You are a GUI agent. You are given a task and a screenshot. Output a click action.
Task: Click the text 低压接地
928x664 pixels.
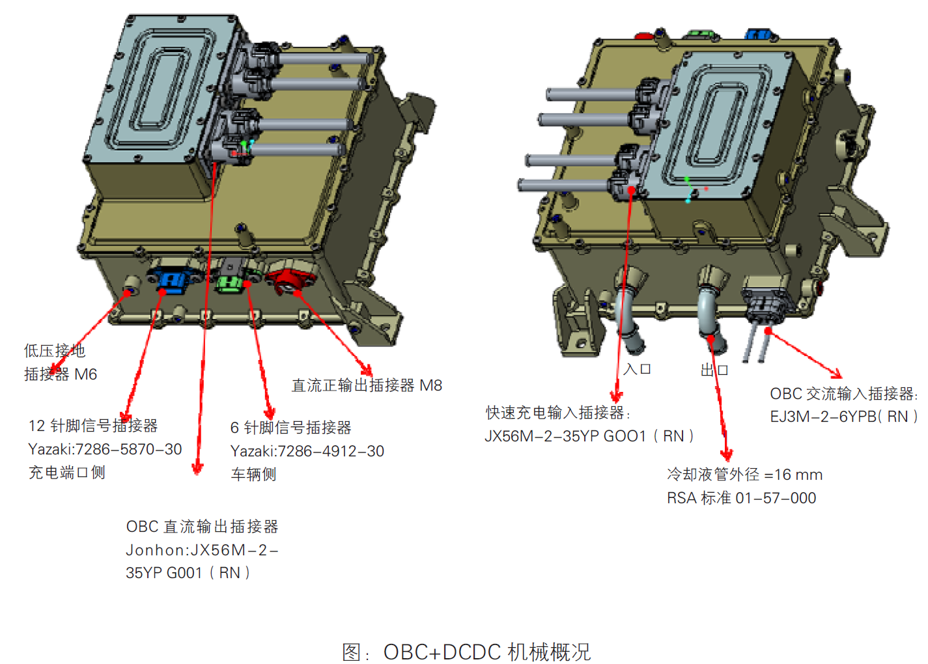point(55,351)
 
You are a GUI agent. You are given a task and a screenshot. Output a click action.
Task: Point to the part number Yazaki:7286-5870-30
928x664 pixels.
point(105,449)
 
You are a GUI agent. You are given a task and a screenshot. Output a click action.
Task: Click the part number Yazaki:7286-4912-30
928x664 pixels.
point(307,451)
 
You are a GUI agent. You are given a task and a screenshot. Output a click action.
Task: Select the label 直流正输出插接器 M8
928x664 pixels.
point(367,385)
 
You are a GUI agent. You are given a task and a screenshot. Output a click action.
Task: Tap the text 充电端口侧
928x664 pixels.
point(66,473)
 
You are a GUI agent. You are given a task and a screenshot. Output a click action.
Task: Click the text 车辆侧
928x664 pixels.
point(253,475)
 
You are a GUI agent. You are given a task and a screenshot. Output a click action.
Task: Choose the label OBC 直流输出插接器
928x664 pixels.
point(202,527)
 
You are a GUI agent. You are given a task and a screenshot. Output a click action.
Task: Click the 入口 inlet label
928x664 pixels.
point(637,369)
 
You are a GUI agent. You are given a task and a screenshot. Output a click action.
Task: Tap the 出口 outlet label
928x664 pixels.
point(714,370)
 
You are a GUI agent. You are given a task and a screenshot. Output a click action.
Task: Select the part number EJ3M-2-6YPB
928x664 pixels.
point(843,417)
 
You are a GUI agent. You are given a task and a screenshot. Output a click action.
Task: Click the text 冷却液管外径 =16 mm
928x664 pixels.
point(744,475)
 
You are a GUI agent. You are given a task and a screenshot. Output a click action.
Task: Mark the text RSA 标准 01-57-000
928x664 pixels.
point(741,498)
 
